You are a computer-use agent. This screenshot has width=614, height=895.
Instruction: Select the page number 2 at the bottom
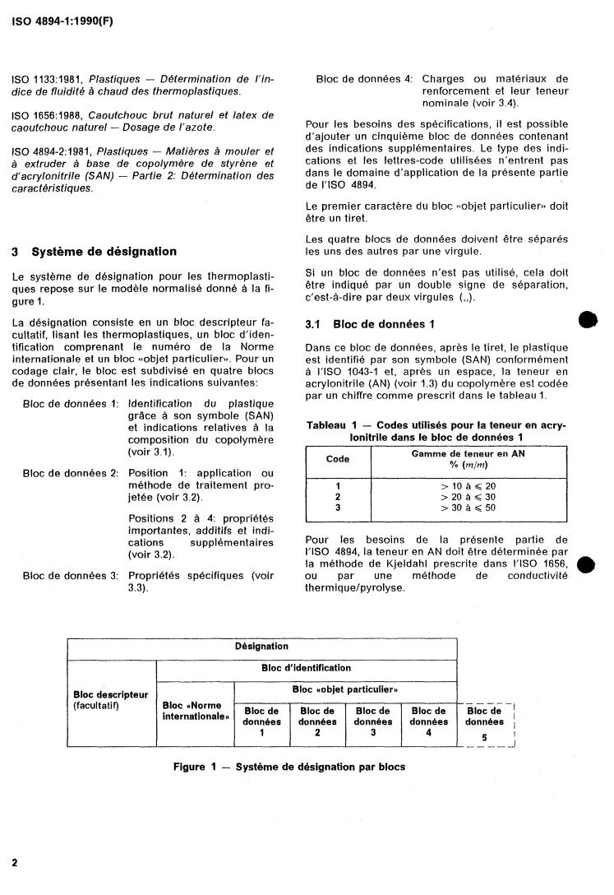click(x=15, y=862)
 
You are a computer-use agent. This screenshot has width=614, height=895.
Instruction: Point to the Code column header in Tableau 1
click(x=338, y=459)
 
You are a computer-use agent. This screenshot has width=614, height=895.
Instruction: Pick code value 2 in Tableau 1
click(x=338, y=497)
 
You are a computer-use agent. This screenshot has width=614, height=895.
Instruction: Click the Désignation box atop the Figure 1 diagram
click(x=262, y=647)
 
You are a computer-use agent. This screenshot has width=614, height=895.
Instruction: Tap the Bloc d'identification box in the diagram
click(x=306, y=668)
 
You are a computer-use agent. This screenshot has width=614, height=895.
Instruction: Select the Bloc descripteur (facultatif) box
click(x=111, y=700)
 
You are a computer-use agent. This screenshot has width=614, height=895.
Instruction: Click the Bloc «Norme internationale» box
click(x=195, y=711)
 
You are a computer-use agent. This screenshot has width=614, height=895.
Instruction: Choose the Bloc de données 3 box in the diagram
click(x=372, y=722)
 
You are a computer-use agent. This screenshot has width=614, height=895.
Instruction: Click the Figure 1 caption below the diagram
click(x=289, y=767)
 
